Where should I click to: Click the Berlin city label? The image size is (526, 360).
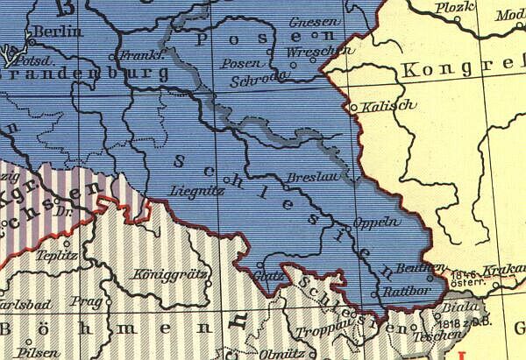click(x=57, y=32)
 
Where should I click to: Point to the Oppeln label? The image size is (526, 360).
click(x=375, y=223)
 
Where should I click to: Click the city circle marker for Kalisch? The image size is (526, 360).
click(x=353, y=108)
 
